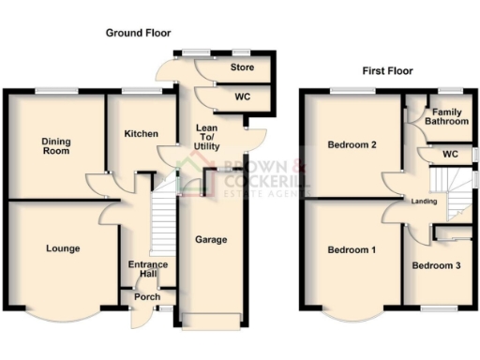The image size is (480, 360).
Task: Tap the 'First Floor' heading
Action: pos(387,70)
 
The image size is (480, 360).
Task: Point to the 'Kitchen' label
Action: pos(141,134)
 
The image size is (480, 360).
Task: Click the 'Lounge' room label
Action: pos(62,248)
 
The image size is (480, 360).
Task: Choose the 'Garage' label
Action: pos(211,240)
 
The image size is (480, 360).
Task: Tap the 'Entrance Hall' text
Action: pos(147,270)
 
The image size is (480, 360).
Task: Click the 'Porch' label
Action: pos(146,297)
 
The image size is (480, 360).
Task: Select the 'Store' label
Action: pos(242,67)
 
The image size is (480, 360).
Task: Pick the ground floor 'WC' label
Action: pos(241,97)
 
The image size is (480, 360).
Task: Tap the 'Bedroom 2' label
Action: pos(352,145)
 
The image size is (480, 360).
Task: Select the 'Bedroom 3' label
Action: pos(436,266)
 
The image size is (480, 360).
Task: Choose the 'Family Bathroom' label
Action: pos(446,116)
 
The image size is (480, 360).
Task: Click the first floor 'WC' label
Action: pos(450,154)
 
